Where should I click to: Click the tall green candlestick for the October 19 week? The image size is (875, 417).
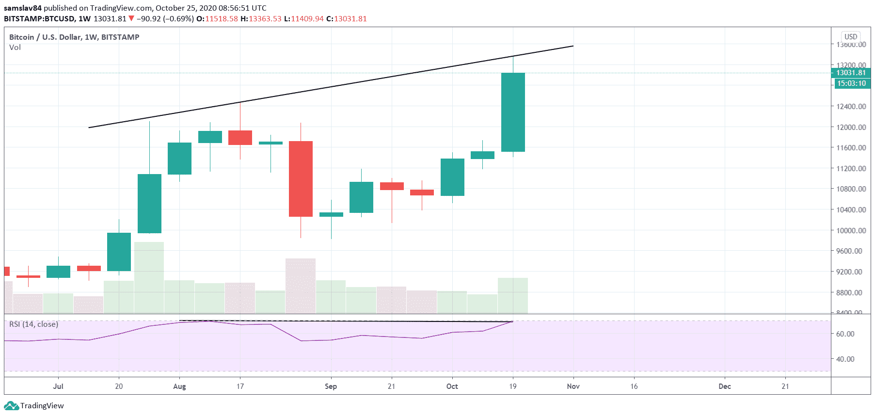pyautogui.click(x=513, y=112)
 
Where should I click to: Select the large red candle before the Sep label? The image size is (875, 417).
pyautogui.click(x=301, y=178)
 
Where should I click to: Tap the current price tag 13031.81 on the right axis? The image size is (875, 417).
pyautogui.click(x=851, y=73)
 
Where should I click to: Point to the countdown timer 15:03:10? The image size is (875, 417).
pyautogui.click(x=851, y=83)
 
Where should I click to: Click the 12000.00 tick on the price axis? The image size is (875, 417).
pyautogui.click(x=851, y=127)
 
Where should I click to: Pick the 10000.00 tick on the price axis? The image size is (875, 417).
pyautogui.click(x=851, y=230)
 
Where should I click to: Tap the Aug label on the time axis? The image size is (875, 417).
pyautogui.click(x=179, y=386)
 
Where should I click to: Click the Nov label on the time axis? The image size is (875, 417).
pyautogui.click(x=573, y=386)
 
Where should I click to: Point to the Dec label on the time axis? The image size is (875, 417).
pyautogui.click(x=724, y=386)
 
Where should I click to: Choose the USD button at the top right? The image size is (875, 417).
pyautogui.click(x=851, y=37)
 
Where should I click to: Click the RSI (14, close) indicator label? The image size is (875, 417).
pyautogui.click(x=33, y=324)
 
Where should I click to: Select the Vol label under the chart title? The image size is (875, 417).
pyautogui.click(x=15, y=48)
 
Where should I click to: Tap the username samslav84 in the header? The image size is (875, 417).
pyautogui.click(x=23, y=8)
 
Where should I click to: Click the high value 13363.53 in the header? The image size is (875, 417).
pyautogui.click(x=265, y=19)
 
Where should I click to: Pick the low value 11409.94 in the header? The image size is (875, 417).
pyautogui.click(x=307, y=19)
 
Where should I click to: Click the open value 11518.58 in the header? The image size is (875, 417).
pyautogui.click(x=221, y=19)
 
